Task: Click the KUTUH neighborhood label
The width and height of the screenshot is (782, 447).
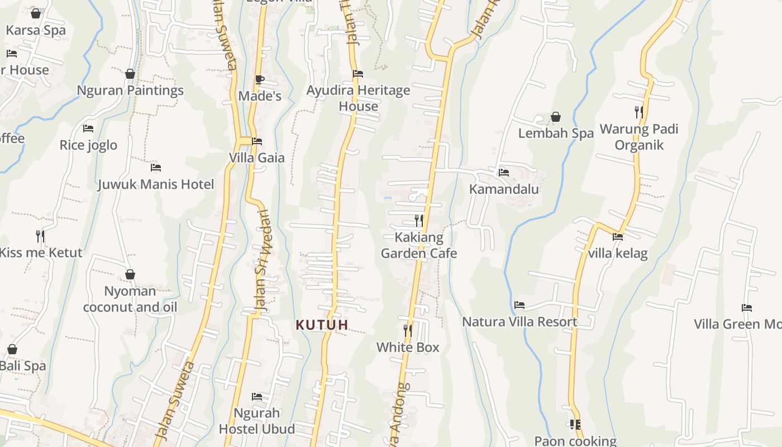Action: (x=322, y=325)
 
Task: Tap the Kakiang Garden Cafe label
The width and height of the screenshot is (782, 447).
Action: (x=419, y=245)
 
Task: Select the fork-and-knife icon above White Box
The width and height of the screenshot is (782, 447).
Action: (x=408, y=331)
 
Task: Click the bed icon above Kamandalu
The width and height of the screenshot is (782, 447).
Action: (x=504, y=173)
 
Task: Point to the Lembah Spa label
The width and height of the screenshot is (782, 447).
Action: (x=556, y=134)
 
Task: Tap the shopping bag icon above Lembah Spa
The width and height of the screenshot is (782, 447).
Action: (x=556, y=117)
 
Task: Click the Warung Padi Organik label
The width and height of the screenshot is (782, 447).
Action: (x=639, y=137)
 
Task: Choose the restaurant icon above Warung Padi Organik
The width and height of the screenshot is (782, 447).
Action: (x=639, y=112)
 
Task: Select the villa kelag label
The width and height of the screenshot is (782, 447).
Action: (x=618, y=254)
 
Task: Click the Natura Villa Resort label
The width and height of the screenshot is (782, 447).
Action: (x=519, y=322)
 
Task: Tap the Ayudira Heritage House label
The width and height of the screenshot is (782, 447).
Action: (x=358, y=98)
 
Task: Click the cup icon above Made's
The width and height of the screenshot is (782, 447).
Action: (x=259, y=79)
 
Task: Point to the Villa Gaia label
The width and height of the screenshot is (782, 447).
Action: (x=257, y=158)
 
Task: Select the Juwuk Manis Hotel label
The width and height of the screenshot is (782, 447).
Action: (x=156, y=184)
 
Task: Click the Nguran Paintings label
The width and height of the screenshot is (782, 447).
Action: (x=130, y=90)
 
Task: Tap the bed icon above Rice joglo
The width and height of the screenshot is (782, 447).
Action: (x=88, y=129)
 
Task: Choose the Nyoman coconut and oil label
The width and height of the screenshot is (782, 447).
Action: (x=130, y=299)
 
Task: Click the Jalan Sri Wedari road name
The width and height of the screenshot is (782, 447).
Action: (x=261, y=260)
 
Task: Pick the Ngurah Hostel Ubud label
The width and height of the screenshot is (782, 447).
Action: (x=257, y=421)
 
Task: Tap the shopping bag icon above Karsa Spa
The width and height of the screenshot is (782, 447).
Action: (x=36, y=13)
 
